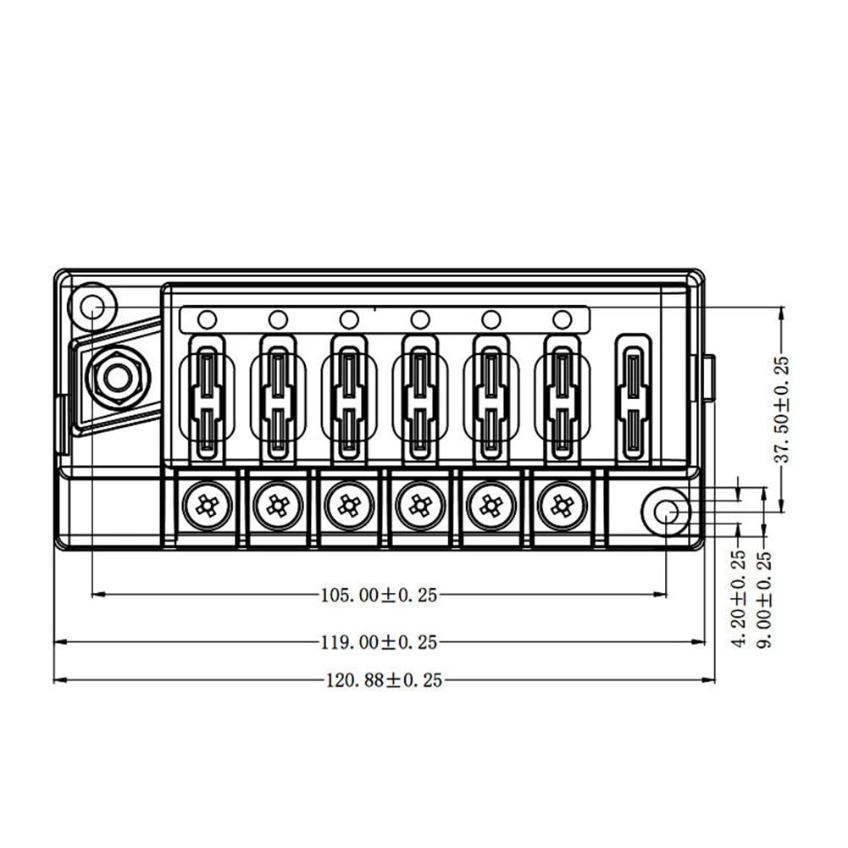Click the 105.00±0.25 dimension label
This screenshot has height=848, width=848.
tap(378, 596)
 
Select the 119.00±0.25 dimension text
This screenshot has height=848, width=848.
tap(379, 642)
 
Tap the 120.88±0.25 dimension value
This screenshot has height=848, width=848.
tap(384, 680)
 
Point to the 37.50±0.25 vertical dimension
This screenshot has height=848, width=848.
tap(781, 409)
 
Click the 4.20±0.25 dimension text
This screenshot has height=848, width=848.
tap(739, 599)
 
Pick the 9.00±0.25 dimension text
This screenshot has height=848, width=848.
tap(764, 599)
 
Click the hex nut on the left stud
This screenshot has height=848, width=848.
tap(115, 375)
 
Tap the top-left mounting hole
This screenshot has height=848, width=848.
tap(91, 306)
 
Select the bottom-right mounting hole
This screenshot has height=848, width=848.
tap(667, 510)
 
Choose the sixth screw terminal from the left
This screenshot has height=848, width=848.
tap(558, 507)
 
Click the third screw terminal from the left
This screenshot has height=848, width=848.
tap(346, 507)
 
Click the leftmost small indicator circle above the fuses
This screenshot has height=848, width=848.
tap(207, 319)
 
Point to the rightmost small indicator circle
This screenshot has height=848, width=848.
tap(561, 319)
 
